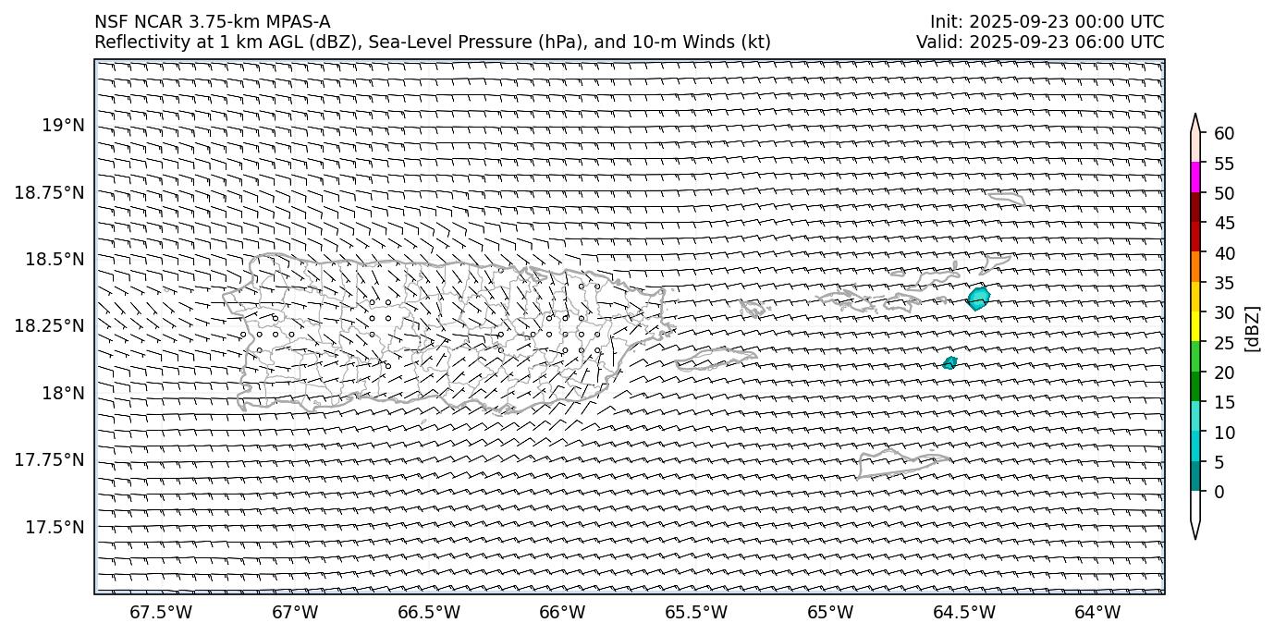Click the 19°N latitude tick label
pos(63,125)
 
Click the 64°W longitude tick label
pos(1097,612)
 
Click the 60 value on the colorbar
pos(1224,134)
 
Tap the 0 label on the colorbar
pos(1219,492)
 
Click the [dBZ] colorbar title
pos(1253,327)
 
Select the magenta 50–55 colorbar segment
pos(1195,177)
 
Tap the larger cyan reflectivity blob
pos(978,299)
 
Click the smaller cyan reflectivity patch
pos(949,362)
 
